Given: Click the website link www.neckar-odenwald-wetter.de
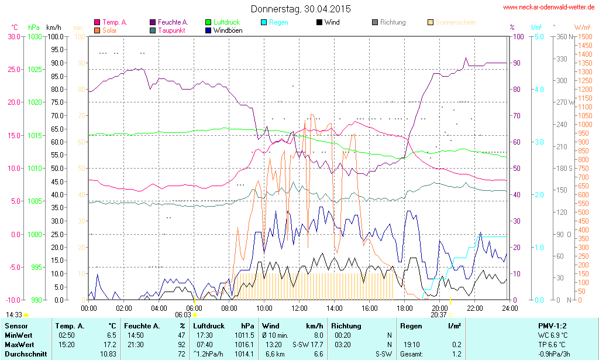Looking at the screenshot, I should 548,8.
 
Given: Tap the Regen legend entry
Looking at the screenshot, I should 278,22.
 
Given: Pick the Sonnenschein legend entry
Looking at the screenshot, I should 453,22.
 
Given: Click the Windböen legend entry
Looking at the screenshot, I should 228,30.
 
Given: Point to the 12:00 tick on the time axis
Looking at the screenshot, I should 299,308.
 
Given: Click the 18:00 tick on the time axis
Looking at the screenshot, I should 405,308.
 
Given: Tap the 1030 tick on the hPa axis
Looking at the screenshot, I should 35,36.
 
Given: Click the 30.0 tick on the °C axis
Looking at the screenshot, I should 13,36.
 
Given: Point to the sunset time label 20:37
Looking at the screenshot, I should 439,314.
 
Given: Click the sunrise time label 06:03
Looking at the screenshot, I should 183,314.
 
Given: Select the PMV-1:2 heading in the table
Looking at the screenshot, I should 552,325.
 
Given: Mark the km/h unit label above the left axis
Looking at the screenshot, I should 54,28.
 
